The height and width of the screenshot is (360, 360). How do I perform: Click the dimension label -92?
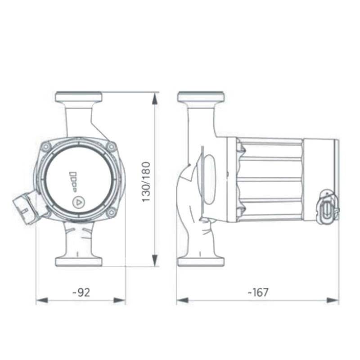tap(81, 292)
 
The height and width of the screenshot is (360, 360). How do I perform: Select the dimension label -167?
tap(258, 292)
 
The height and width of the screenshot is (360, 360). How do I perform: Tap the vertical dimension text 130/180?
tap(146, 181)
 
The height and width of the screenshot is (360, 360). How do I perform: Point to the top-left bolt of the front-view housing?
tap(46, 146)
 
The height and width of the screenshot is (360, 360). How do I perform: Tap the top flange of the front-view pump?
tap(78, 97)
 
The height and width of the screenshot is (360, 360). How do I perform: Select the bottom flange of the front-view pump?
tap(78, 261)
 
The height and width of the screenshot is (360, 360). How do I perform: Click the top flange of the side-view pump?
tap(201, 97)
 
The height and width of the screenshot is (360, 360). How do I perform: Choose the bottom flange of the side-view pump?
tap(201, 261)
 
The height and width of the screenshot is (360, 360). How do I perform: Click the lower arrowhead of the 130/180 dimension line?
tap(155, 261)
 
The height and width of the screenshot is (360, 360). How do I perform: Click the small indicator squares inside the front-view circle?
tap(73, 179)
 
